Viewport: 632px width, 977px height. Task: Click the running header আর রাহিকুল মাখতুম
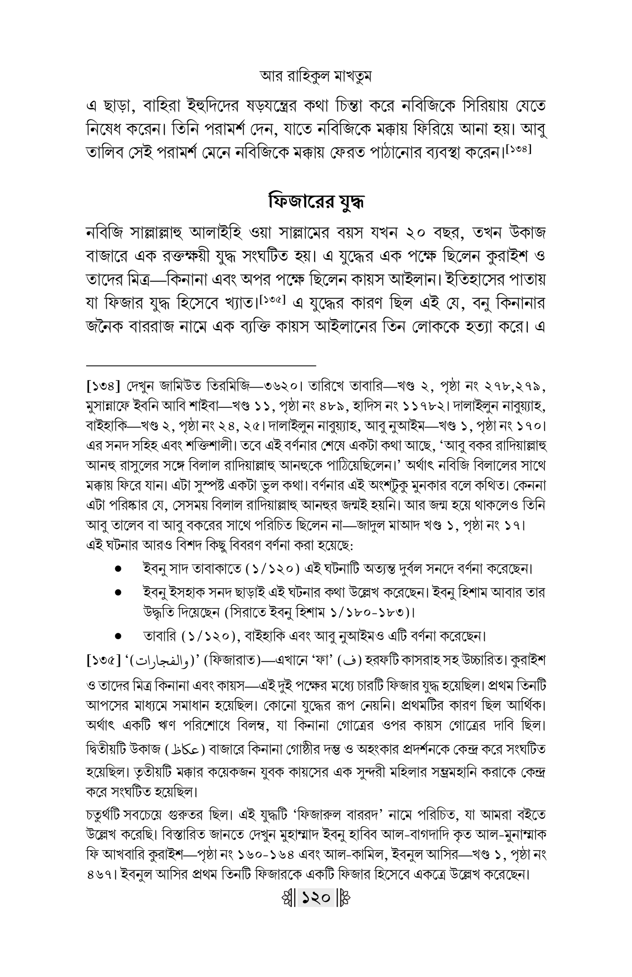pos(316,76)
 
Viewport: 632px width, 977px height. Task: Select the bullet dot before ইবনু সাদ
pos(118,569)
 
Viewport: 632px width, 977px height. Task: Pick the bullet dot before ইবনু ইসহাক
pos(118,593)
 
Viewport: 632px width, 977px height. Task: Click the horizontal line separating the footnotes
pos(201,365)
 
